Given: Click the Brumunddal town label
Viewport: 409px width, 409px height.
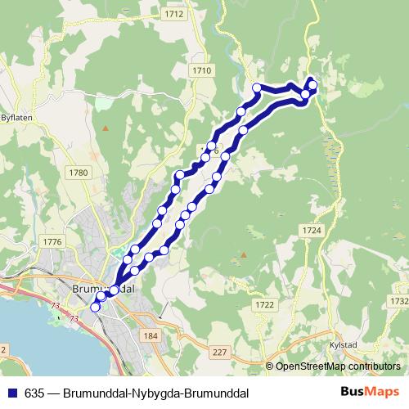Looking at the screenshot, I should click(x=103, y=290).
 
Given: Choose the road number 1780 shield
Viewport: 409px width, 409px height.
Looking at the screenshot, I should click(x=78, y=172).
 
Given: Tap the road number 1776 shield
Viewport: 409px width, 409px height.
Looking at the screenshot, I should click(x=53, y=241).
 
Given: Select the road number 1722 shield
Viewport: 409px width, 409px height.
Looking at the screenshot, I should click(x=264, y=305).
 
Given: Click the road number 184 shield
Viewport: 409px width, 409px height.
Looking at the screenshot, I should click(x=150, y=336).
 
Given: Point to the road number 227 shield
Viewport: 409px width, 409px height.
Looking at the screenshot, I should click(x=218, y=352).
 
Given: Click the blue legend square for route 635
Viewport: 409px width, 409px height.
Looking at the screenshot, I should click(x=10, y=391).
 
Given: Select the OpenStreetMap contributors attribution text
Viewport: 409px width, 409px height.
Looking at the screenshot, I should click(x=338, y=366).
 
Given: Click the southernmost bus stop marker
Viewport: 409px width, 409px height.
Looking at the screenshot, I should click(x=95, y=307).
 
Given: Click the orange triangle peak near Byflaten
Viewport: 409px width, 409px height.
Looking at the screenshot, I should click(x=106, y=128).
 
